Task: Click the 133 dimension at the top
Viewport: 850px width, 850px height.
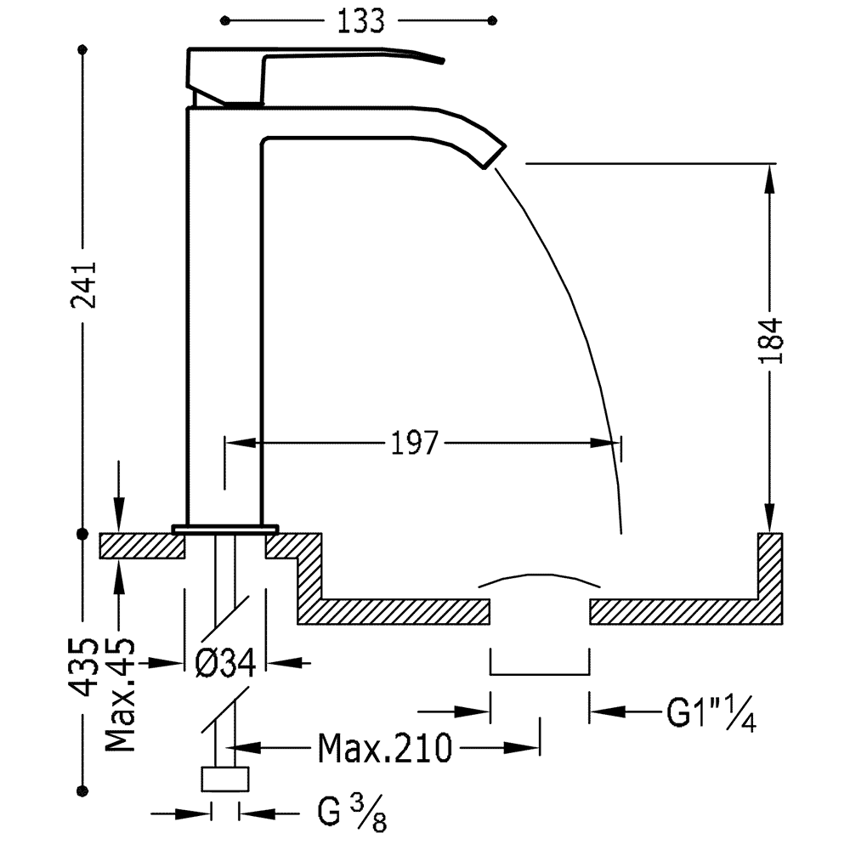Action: click(360, 22)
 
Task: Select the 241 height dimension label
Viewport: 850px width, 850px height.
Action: click(84, 285)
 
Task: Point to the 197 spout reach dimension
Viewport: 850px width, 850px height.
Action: click(414, 444)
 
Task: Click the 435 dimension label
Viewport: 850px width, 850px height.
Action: click(84, 667)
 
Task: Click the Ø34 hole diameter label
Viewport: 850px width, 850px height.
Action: click(225, 662)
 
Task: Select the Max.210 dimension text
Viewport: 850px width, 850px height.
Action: click(385, 749)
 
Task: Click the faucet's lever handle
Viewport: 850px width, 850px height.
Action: click(315, 76)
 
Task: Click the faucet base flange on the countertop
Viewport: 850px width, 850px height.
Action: click(225, 529)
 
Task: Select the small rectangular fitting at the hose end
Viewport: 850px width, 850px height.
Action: click(225, 779)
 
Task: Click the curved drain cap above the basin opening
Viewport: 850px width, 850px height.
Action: click(540, 580)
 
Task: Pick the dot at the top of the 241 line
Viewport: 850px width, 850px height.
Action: click(82, 50)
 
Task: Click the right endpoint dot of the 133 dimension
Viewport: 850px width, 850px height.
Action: click(492, 21)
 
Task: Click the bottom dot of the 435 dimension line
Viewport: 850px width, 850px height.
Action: click(82, 791)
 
